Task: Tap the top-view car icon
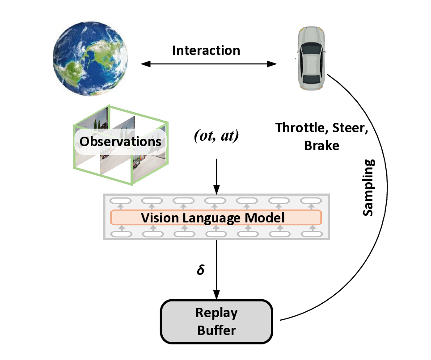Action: [x=311, y=58]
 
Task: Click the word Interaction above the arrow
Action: [x=206, y=50]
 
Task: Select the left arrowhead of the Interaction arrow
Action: [x=144, y=64]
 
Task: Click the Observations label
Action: [x=120, y=142]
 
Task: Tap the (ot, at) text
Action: [x=216, y=136]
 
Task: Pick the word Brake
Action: [x=321, y=146]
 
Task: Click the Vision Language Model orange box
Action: [x=216, y=218]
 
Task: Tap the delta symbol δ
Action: [x=201, y=271]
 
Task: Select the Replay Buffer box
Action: [x=216, y=322]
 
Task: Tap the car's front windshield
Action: [x=311, y=48]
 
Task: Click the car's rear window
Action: [x=311, y=80]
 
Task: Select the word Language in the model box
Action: [x=214, y=218]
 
